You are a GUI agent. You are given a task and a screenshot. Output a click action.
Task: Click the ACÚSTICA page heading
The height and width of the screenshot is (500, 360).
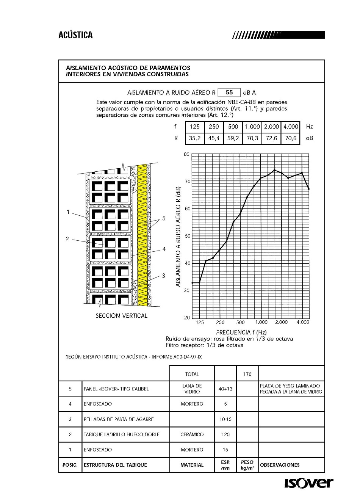click(75, 35)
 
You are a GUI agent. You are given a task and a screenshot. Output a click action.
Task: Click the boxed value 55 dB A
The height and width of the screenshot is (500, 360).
click(229, 92)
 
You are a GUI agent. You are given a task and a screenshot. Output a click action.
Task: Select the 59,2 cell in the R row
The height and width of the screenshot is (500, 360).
click(233, 138)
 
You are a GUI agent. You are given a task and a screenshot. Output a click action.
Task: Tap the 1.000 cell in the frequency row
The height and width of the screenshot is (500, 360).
click(252, 127)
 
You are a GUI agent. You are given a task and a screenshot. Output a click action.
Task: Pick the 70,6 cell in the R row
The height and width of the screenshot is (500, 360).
click(291, 138)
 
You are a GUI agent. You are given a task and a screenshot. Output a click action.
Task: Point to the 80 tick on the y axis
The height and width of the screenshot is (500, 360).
click(186, 154)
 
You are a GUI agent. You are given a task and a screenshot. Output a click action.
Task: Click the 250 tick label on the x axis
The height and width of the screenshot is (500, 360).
click(220, 323)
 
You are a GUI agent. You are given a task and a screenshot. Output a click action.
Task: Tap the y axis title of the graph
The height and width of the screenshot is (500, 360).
click(178, 237)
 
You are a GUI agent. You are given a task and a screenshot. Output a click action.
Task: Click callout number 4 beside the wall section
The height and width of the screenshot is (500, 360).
click(164, 249)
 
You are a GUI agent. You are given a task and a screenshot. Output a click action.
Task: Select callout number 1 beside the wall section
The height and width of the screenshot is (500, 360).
click(68, 212)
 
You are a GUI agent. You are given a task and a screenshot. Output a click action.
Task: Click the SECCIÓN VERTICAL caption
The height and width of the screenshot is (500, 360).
click(121, 316)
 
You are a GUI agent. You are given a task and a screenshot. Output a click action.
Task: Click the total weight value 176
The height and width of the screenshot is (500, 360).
click(247, 374)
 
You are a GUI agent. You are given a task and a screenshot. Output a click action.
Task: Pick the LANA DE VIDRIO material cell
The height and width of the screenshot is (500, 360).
click(192, 389)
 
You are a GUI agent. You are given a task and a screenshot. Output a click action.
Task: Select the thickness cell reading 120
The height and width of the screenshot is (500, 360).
click(225, 434)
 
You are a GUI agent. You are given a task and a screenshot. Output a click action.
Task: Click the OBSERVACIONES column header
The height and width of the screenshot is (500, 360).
click(280, 465)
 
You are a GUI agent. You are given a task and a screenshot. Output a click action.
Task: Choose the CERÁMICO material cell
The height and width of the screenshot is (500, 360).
click(192, 434)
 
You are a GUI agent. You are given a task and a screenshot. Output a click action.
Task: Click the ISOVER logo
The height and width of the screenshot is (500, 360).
click(309, 483)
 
